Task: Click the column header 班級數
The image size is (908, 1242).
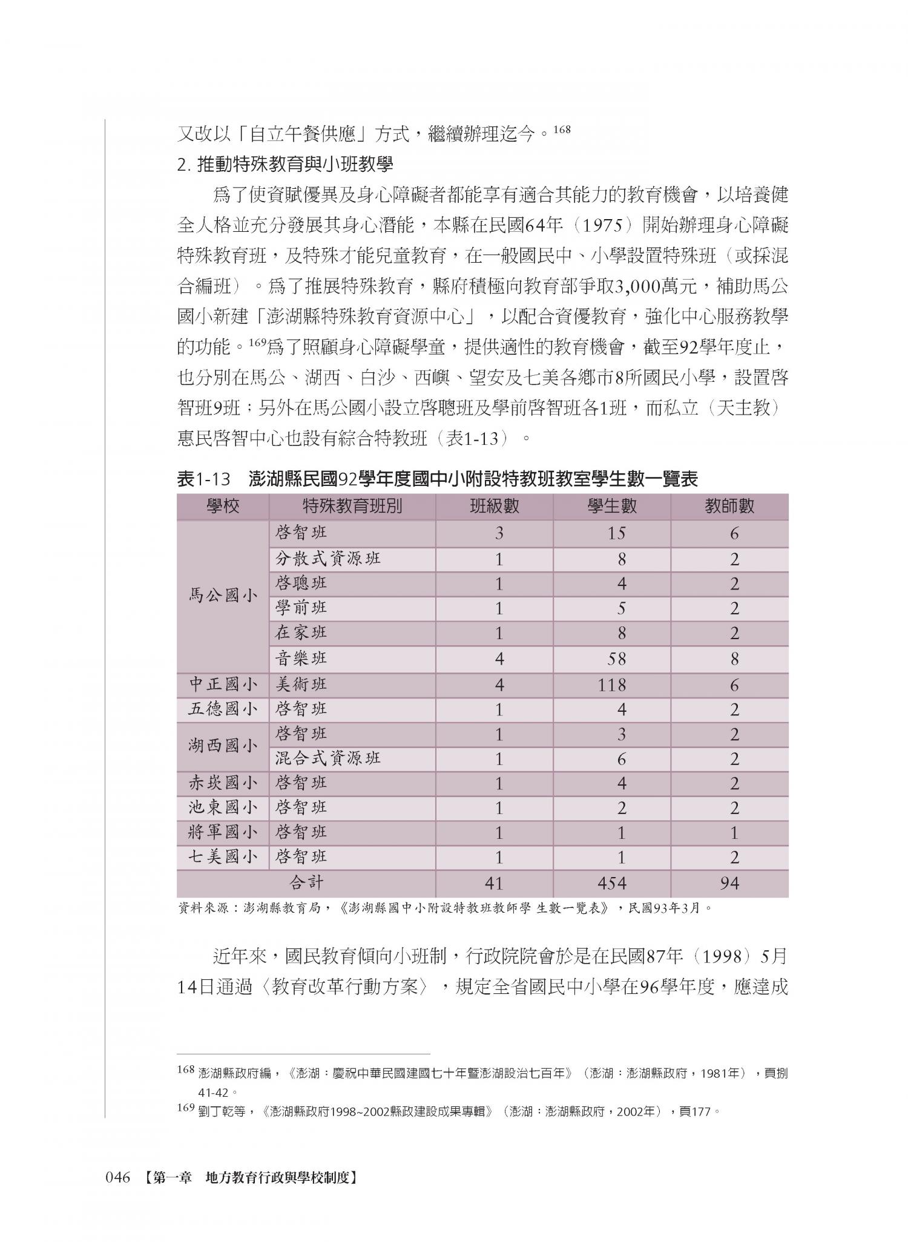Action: tap(494, 506)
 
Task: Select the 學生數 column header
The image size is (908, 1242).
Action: tap(611, 506)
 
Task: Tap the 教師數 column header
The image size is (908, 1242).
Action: tap(729, 506)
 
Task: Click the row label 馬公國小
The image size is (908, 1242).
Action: tap(223, 596)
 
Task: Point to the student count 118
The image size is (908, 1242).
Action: tap(611, 685)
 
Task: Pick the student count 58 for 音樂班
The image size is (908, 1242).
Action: tap(620, 659)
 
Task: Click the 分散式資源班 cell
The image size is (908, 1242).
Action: tap(327, 558)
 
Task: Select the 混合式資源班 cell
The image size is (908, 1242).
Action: tap(327, 758)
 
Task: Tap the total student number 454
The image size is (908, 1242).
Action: tap(611, 883)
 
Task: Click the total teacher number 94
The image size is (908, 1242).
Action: tap(729, 883)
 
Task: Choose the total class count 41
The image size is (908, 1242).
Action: tap(494, 883)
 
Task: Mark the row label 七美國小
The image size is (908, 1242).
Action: tap(223, 857)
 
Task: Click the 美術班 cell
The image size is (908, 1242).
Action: tap(301, 685)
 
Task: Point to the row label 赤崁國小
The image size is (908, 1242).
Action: tap(223, 783)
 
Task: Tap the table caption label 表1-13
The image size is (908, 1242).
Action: tap(204, 479)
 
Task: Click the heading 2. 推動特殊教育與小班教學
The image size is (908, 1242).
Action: tap(285, 165)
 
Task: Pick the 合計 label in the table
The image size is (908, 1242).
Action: tap(306, 883)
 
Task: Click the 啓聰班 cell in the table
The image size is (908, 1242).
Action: tap(301, 583)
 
